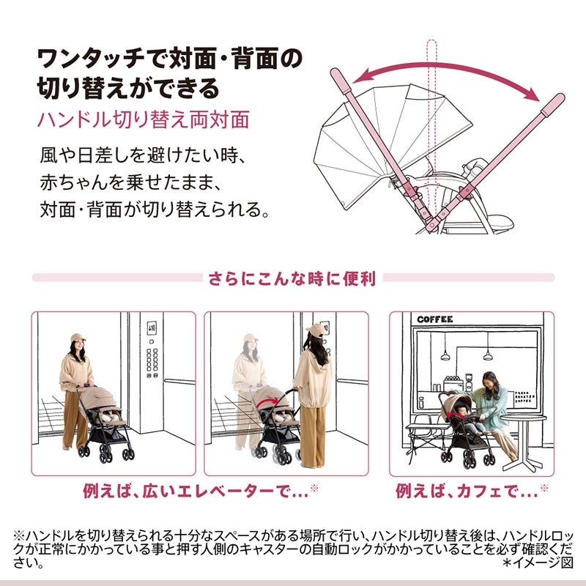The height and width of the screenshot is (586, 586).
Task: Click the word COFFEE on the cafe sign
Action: click(434, 319)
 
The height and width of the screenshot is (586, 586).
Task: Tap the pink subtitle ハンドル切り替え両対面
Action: click(143, 120)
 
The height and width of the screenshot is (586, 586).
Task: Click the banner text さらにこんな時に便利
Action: click(292, 278)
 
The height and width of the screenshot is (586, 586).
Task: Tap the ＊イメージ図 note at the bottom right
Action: click(538, 563)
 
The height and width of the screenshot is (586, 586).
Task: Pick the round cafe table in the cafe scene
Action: click(523, 441)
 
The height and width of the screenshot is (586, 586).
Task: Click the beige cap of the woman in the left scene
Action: click(78, 338)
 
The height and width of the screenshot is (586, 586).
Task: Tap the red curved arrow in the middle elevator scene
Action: click(267, 403)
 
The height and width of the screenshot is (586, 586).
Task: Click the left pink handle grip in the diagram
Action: click(341, 81)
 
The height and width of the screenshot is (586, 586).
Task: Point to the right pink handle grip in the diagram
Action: click(553, 105)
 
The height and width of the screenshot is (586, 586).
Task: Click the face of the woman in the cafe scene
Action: click(489, 382)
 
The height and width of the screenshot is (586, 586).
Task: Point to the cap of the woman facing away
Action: click(315, 330)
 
